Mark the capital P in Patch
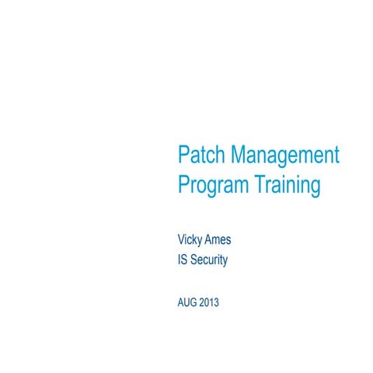point(183,155)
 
